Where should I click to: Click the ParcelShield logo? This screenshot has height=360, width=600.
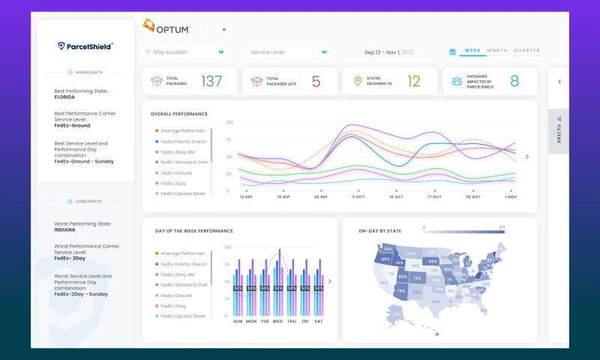pyautogui.click(x=85, y=46)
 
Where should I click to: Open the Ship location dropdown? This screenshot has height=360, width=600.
pyautogui.click(x=185, y=52)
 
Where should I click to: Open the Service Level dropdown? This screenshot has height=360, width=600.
pyautogui.click(x=288, y=52)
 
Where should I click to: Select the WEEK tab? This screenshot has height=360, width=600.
pyautogui.click(x=472, y=50)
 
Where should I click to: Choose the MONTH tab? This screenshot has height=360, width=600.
pyautogui.click(x=497, y=50)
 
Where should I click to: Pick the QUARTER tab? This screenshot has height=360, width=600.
pyautogui.click(x=526, y=50)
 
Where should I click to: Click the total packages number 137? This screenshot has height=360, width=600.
pyautogui.click(x=211, y=81)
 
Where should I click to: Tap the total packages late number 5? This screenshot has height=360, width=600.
pyautogui.click(x=316, y=81)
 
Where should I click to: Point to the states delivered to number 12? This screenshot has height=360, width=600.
pyautogui.click(x=413, y=81)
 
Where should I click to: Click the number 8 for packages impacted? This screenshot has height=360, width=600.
pyautogui.click(x=514, y=81)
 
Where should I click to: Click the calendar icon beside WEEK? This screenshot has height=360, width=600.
pyautogui.click(x=452, y=52)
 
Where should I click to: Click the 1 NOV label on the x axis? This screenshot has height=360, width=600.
pyautogui.click(x=510, y=196)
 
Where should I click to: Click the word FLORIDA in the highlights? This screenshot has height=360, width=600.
pyautogui.click(x=66, y=97)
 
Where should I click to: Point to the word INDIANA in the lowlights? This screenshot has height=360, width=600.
pyautogui.click(x=65, y=230)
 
